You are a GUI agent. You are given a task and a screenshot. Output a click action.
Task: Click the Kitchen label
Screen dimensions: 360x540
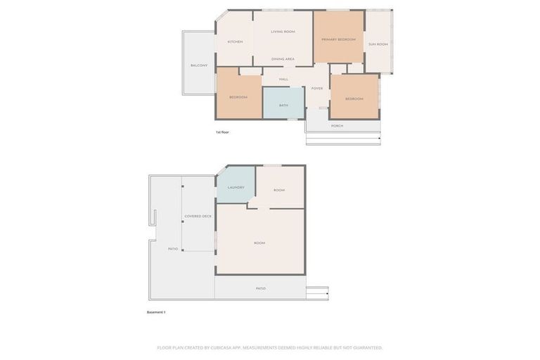click(x=235, y=41)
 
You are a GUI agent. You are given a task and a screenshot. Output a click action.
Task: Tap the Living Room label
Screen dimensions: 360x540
click(x=283, y=32)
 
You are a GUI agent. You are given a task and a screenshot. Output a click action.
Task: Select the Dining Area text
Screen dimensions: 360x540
click(x=283, y=59)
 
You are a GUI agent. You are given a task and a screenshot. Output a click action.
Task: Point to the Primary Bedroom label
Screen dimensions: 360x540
click(x=338, y=39)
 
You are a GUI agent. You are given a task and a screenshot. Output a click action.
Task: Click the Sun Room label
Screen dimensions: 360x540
click(x=378, y=44)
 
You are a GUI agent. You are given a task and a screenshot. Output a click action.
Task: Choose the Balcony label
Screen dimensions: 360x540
click(x=199, y=65)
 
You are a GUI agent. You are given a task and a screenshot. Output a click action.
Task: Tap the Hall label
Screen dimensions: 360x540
click(x=284, y=79)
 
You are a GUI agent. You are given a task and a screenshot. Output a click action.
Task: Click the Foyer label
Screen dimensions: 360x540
click(x=317, y=89)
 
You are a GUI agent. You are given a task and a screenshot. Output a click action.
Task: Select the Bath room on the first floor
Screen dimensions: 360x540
click(x=283, y=105)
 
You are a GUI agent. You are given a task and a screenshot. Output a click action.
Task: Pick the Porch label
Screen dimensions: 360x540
click(x=337, y=126)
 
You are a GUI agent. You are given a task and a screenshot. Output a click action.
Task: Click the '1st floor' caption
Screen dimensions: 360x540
click(x=222, y=132)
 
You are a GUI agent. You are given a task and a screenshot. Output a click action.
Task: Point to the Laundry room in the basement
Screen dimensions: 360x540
click(x=236, y=187)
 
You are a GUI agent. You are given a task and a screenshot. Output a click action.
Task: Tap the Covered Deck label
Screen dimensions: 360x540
click(x=198, y=216)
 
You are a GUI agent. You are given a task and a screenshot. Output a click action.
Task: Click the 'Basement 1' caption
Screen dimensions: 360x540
click(x=156, y=312)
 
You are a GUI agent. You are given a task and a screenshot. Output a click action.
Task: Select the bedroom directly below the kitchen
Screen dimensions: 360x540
click(x=238, y=97)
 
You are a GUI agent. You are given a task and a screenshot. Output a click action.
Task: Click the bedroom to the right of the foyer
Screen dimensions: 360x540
click(x=354, y=98)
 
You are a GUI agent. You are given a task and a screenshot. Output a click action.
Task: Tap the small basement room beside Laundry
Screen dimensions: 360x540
click(x=279, y=190)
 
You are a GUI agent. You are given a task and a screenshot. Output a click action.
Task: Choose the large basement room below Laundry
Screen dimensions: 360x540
click(x=259, y=243)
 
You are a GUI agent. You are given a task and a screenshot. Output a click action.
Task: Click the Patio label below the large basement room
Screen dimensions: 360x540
click(x=261, y=288)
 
